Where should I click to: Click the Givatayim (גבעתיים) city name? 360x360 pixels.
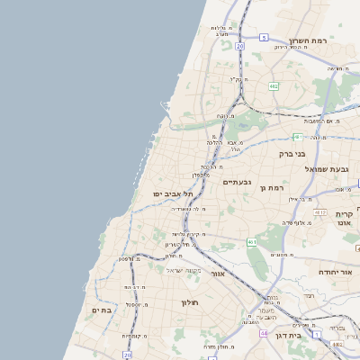(x=237, y=182)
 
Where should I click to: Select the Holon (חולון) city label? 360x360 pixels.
(x=189, y=302)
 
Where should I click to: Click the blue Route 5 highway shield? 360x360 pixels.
(x=264, y=37)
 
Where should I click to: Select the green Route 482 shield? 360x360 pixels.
(x=274, y=85)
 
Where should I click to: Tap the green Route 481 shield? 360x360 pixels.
(x=297, y=137)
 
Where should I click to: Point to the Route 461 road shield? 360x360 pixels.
(x=251, y=242)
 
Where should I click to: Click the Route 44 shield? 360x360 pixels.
(x=264, y=333)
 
